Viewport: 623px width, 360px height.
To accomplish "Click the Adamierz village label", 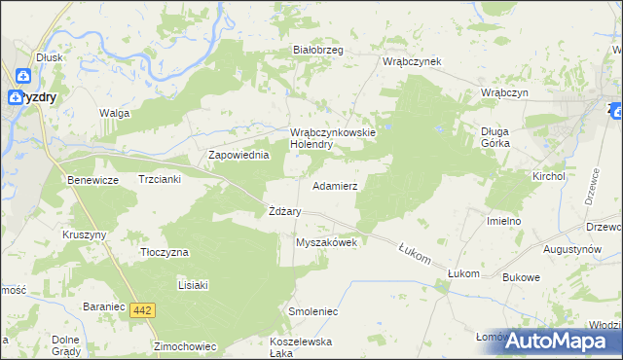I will (334, 185).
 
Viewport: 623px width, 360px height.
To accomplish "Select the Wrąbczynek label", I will (412, 61).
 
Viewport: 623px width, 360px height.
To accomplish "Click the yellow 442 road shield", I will (144, 309).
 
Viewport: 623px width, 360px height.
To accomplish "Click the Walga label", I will (114, 113).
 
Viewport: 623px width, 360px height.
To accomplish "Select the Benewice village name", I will (92, 180).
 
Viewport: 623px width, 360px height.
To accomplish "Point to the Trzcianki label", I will (161, 180).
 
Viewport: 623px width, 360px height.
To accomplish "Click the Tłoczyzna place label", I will (163, 252).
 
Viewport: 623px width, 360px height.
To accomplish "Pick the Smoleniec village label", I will (312, 312).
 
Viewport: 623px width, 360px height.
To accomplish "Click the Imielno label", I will (504, 221).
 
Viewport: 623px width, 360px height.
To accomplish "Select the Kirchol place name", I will (548, 176).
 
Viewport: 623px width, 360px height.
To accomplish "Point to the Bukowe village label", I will (521, 277).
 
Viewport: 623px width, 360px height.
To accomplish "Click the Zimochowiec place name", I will (183, 345).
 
